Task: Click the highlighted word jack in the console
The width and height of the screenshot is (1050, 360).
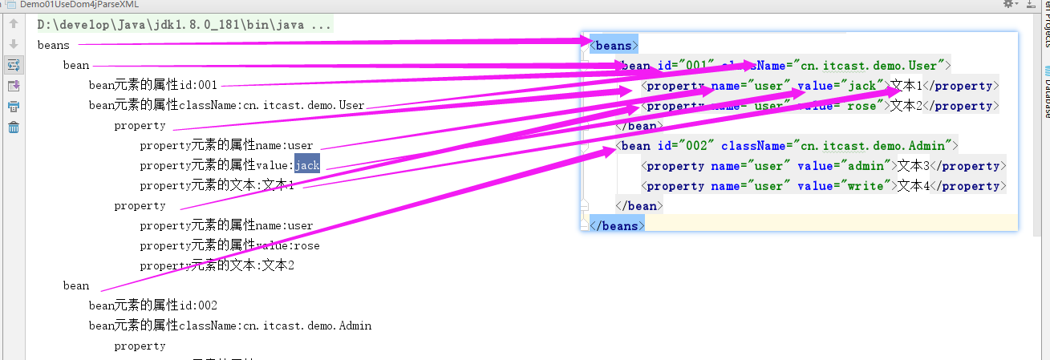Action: [307, 166]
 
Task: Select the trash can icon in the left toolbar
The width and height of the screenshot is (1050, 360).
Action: [14, 127]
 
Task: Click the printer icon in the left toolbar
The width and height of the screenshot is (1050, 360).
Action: [14, 106]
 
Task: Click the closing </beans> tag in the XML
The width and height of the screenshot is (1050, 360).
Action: [616, 226]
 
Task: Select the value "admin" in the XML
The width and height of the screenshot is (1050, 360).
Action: [867, 166]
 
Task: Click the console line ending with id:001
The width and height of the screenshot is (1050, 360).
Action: [153, 86]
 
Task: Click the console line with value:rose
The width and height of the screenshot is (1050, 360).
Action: [229, 245]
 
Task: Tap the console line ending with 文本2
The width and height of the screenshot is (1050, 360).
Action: [217, 265]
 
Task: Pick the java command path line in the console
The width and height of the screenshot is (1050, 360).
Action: [184, 25]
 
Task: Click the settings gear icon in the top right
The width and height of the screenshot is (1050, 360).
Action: [1009, 4]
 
